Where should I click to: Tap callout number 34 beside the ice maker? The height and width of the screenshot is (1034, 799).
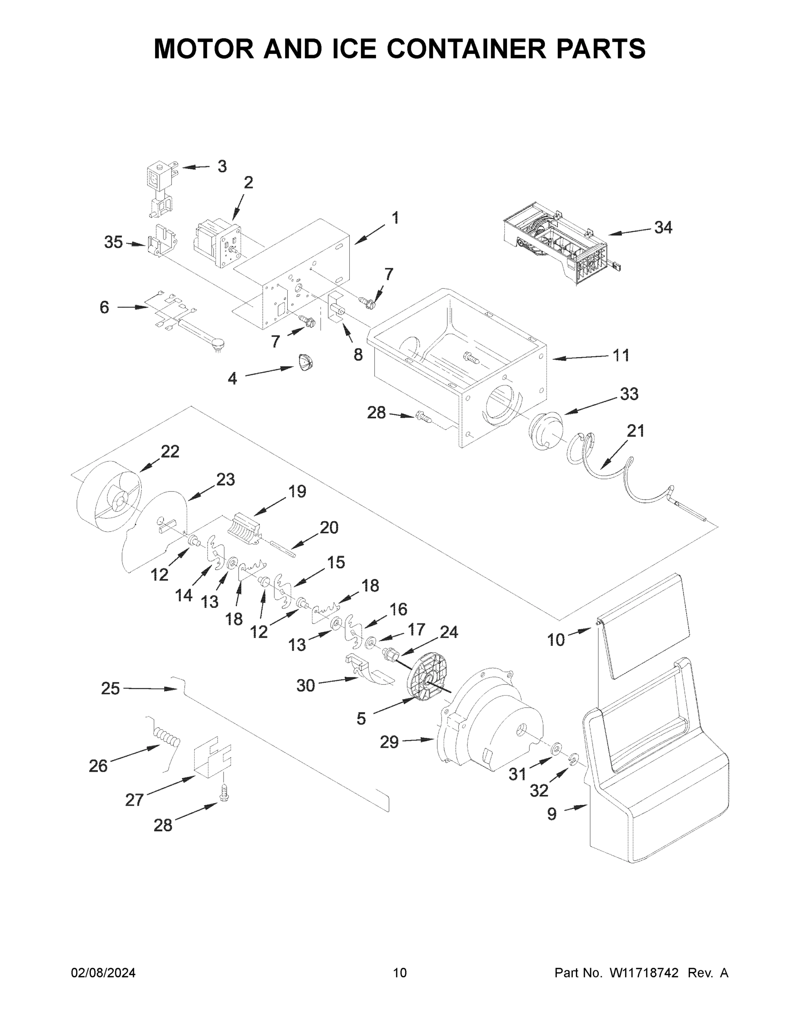663,228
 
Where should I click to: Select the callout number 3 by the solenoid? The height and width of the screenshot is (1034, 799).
222,166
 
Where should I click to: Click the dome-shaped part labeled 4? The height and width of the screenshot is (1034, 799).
305,363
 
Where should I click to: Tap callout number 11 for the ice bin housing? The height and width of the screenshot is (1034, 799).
621,355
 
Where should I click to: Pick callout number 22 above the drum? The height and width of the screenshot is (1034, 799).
170,452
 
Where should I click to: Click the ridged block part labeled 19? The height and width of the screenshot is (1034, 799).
244,528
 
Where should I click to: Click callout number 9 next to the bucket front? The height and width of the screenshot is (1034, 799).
552,814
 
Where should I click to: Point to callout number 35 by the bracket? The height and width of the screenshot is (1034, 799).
113,243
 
